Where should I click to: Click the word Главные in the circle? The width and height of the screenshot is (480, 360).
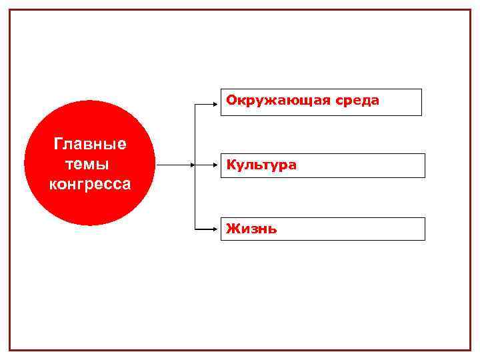point(90,145)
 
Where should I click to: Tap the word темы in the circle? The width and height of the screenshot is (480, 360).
point(88,164)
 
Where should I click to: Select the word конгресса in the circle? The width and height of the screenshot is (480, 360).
point(90,184)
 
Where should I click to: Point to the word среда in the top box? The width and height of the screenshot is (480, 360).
point(357,101)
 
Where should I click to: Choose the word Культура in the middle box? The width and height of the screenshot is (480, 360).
point(261,165)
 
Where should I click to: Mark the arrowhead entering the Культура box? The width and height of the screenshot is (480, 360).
point(218,165)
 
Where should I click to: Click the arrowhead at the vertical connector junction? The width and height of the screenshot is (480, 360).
point(193,165)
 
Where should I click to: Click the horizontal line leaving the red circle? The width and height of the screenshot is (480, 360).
point(173,165)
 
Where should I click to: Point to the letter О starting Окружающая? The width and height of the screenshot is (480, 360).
point(231,101)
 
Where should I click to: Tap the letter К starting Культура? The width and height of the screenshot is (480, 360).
point(231,165)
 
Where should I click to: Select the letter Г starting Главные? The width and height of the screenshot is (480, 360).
point(58,145)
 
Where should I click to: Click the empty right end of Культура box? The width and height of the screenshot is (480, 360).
point(393,165)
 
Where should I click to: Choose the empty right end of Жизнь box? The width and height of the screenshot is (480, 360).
point(393,229)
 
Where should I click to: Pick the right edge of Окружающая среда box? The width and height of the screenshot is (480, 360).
point(421,102)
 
